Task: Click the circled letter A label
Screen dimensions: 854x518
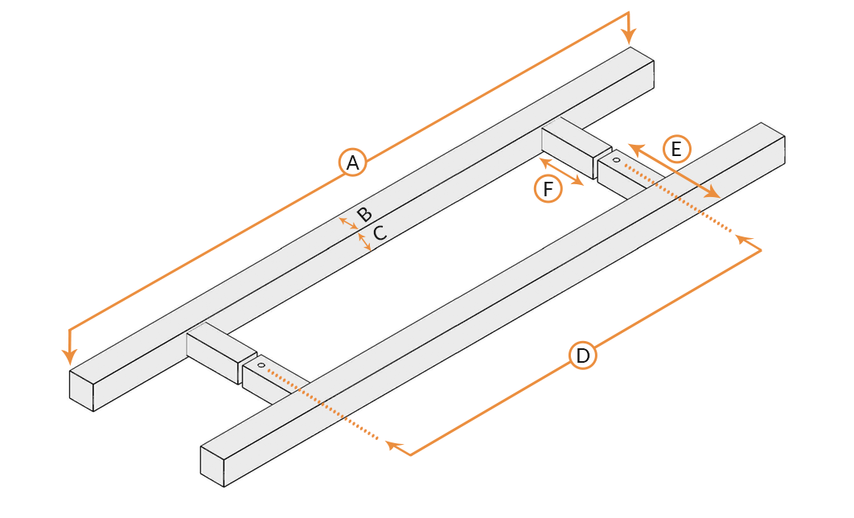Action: coord(352,162)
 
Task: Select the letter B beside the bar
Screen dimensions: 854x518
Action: coord(364,214)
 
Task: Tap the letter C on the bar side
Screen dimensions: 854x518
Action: coord(379,232)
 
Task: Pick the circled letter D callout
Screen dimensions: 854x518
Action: coord(583,356)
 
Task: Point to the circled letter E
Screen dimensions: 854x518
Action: coord(676,149)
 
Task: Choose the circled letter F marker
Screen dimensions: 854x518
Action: coord(548,188)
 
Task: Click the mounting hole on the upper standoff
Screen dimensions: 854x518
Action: coord(616,160)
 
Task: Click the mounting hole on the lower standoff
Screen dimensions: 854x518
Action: coord(261,365)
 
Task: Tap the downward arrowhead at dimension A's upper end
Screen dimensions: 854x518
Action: coord(629,36)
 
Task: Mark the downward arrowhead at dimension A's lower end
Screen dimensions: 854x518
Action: coord(69,356)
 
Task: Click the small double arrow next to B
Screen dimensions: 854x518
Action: coord(348,223)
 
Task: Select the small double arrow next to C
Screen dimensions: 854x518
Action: coord(364,242)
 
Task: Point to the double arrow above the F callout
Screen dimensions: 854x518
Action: coord(561,172)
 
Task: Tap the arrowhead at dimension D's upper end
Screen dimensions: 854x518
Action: coord(744,239)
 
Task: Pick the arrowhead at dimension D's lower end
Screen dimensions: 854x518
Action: coord(394,446)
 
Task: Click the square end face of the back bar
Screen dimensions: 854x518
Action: coord(82,391)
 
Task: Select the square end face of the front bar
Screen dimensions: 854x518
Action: coord(212,467)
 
